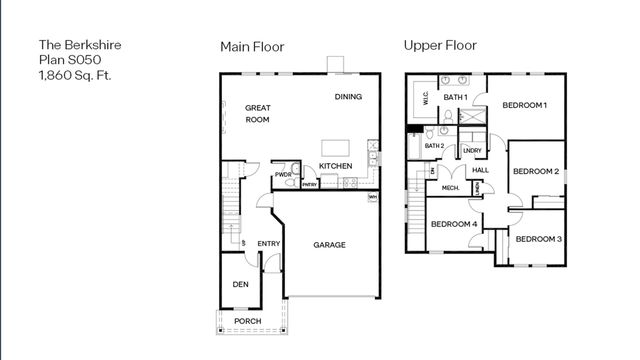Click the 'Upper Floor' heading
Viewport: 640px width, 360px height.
[x=440, y=45]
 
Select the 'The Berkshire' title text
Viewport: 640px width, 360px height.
[x=74, y=45]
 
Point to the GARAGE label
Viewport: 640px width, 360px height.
[x=329, y=244]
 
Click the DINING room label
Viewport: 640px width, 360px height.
[x=348, y=97]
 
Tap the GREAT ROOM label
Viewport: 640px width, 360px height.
[x=258, y=114]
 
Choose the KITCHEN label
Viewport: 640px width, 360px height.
[x=335, y=166]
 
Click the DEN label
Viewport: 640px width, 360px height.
[x=240, y=284]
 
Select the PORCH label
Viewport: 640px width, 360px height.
[x=247, y=321]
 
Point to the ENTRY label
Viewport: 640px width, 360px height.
[x=269, y=244]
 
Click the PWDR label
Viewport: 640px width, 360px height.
[x=283, y=174]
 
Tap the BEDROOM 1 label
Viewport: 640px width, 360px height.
[x=524, y=105]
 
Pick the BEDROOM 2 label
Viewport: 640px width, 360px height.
[x=535, y=171]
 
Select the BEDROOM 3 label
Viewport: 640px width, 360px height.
[x=538, y=239]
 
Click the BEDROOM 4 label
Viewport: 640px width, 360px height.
[x=453, y=223]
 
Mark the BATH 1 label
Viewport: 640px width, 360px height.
[x=456, y=96]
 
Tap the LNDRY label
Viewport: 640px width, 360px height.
[x=473, y=150]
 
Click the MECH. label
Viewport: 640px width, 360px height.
[x=450, y=187]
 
